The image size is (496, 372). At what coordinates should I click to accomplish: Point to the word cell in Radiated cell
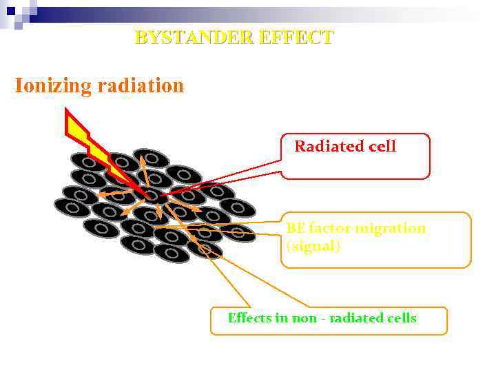tap(382, 146)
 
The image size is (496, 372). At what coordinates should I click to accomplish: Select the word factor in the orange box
tap(329, 228)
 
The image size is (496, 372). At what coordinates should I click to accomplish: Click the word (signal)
tap(313, 246)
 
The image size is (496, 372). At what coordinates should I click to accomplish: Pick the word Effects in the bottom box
tap(251, 318)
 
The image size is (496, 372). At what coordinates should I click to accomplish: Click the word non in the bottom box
tap(302, 318)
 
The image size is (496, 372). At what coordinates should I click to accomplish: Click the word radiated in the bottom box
tap(356, 318)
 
